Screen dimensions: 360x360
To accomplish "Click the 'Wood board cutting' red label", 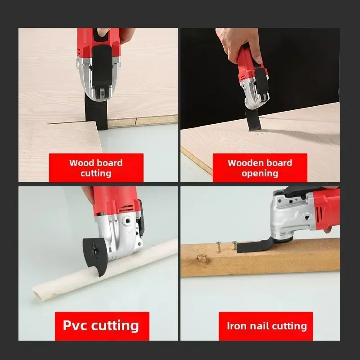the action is pos(96,168).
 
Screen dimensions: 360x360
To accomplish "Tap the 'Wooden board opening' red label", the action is pos(260,168).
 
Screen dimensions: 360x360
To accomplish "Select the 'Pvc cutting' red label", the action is pos(102,326).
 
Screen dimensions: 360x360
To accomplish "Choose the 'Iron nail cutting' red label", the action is pos(266,326).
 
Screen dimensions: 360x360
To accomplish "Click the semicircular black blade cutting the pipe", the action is pos(94,255).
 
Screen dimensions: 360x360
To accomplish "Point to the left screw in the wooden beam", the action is pos(218,246).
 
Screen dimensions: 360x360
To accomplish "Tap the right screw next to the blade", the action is pos(234,245).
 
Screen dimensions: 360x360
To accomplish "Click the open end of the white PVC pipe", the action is pos(38,293).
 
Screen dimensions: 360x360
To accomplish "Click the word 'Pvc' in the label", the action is pos(75,325).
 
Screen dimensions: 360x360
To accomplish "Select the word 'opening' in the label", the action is pos(260,174).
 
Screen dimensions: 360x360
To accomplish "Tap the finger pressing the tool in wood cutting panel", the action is pos(103,32).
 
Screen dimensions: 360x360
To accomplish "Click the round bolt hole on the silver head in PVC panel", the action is pos(126,221).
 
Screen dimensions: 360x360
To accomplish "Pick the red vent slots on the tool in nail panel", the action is pos(319,212).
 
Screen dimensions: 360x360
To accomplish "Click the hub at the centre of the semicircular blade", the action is pos(94,249).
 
